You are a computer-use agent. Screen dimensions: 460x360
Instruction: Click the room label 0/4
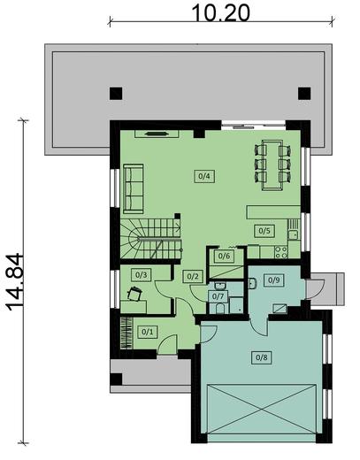(x=203, y=175)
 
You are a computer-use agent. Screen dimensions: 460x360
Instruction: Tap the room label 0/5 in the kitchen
(x=263, y=231)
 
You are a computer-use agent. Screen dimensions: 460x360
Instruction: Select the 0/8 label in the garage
(x=261, y=357)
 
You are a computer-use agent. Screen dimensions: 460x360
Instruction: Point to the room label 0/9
(x=274, y=280)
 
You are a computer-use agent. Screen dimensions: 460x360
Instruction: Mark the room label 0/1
(x=147, y=332)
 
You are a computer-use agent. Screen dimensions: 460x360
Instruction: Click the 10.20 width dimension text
(x=221, y=11)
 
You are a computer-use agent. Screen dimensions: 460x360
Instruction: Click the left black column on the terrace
(x=116, y=91)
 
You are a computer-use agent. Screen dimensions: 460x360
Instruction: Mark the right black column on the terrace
(x=304, y=91)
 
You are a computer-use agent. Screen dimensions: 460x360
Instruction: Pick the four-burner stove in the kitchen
(x=281, y=252)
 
